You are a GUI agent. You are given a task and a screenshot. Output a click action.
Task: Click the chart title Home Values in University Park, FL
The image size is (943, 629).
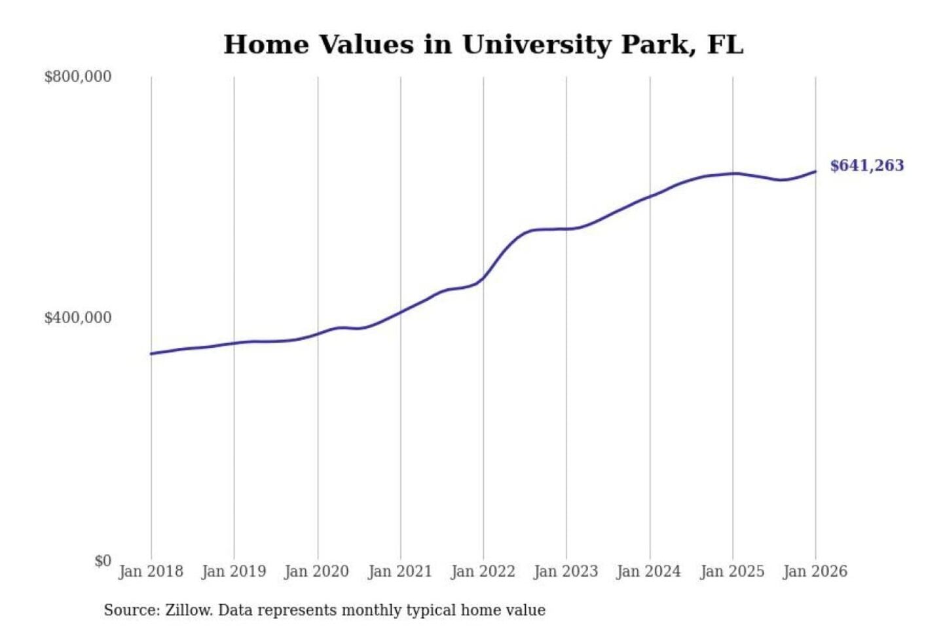coord(483,45)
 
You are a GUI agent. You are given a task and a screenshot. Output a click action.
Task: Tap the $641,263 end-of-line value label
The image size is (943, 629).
coord(866,166)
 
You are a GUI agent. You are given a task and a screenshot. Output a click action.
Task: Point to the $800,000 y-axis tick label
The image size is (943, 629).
coord(78,77)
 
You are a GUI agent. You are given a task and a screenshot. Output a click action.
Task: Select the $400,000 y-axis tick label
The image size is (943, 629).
coord(78,318)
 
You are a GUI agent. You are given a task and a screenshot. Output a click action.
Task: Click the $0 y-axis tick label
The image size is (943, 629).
coord(103,561)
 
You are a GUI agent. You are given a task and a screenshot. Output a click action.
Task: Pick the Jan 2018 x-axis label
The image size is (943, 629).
coord(151,571)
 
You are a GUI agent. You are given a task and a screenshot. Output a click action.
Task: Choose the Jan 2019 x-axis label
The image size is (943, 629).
coord(234,571)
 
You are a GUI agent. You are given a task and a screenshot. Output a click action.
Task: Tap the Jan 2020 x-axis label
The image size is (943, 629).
coord(317,571)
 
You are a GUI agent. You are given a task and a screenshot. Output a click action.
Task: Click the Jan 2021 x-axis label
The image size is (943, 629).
coord(400,571)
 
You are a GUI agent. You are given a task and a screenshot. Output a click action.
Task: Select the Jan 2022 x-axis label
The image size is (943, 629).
coord(483,571)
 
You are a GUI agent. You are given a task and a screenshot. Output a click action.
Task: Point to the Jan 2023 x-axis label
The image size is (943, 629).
coord(566,571)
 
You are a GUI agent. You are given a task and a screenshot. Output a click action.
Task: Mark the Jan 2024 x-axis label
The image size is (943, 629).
coord(649,571)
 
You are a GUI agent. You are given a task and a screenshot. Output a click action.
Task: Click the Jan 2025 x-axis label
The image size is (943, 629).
coord(732,571)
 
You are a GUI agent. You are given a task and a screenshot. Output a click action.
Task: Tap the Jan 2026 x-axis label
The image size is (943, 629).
coord(815,571)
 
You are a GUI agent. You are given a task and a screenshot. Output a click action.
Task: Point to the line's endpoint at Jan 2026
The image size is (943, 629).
coord(815,172)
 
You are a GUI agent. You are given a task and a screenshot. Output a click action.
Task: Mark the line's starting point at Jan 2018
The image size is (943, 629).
coord(151,354)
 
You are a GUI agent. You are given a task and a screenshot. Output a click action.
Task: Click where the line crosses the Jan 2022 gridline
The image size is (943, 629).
coord(484,278)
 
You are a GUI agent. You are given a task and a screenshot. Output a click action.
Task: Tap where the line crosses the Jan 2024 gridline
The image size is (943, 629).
coord(650,196)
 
